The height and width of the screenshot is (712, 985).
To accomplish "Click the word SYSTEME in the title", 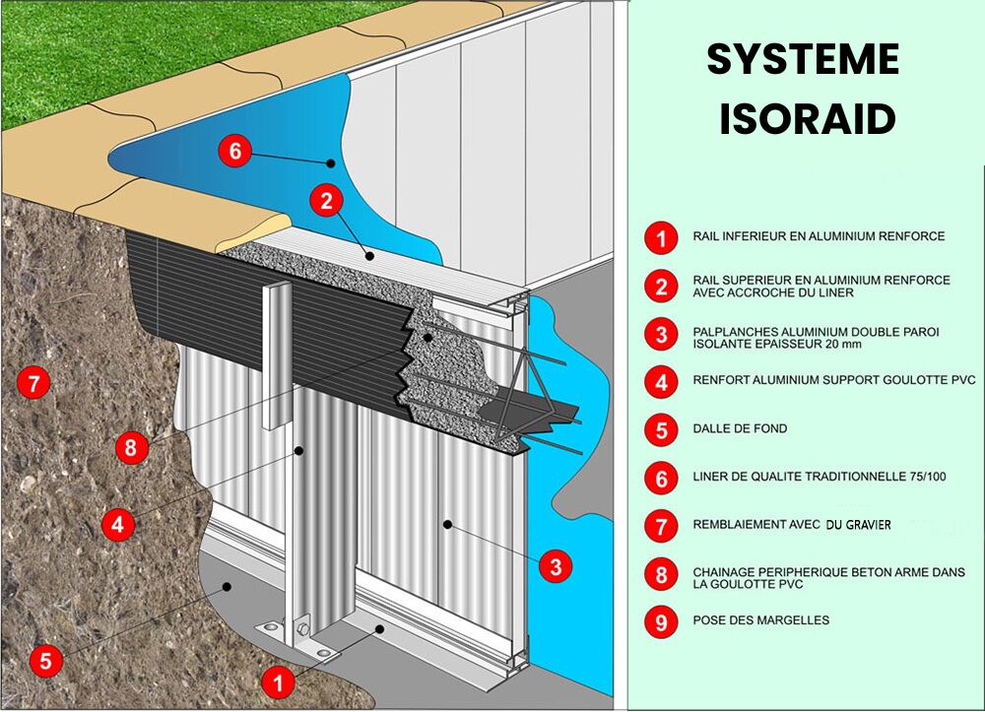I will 803,61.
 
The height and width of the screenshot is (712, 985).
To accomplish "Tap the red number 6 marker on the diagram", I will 234,152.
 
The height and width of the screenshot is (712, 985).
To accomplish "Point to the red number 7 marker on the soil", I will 35,383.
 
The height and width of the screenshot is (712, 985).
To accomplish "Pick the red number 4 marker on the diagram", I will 118,525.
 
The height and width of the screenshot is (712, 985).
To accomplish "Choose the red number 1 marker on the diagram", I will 279,680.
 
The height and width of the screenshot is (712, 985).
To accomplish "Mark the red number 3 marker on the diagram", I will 556,566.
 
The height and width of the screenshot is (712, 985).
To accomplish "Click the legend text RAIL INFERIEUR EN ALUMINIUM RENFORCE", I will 818,236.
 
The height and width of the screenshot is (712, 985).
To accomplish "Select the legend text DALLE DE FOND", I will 740,429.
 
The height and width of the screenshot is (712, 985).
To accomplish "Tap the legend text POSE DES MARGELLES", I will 760,620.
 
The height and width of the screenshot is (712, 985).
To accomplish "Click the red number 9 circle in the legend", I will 660,622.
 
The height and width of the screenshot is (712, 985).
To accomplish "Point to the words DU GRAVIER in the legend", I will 858,525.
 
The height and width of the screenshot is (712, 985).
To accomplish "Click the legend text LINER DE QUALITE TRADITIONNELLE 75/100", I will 820,478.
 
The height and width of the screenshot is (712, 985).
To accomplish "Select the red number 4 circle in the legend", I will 660,382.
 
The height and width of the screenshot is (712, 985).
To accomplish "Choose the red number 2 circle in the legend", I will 660,286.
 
